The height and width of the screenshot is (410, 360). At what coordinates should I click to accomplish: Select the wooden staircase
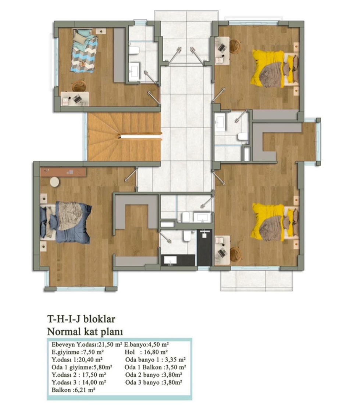124,137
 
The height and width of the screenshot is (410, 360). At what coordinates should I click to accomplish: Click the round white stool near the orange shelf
54,182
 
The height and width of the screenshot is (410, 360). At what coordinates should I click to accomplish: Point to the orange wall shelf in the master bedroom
63,172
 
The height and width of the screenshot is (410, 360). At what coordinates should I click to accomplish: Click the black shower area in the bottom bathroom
204,248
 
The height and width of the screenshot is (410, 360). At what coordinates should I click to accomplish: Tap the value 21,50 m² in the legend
110,344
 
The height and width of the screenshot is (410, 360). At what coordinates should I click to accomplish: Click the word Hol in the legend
130,352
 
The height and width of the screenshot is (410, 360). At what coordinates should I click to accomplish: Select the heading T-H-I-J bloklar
81,319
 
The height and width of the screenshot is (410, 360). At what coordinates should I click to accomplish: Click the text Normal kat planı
85,332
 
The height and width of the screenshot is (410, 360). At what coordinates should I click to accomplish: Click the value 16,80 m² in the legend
155,352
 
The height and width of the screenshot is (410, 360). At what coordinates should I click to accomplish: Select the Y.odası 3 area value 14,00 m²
93,382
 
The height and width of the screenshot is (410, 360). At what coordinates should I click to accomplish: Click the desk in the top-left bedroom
75,99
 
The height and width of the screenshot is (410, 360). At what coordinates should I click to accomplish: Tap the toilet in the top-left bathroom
135,50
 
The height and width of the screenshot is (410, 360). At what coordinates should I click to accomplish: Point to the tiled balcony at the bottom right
256,280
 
